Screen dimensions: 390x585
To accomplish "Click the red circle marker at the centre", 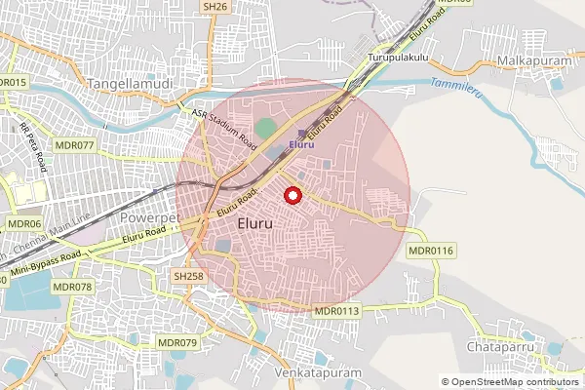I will point(291,196).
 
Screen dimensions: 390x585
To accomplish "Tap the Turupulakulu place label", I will point(399,59).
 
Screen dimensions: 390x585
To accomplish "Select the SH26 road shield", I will point(214,7).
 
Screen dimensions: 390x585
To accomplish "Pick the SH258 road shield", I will point(188,277).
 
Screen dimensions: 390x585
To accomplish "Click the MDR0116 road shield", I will point(431,252).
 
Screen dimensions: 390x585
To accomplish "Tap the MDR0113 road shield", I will point(337,311).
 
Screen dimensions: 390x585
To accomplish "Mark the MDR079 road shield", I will point(177,343).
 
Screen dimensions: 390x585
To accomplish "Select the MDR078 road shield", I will point(72,287).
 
